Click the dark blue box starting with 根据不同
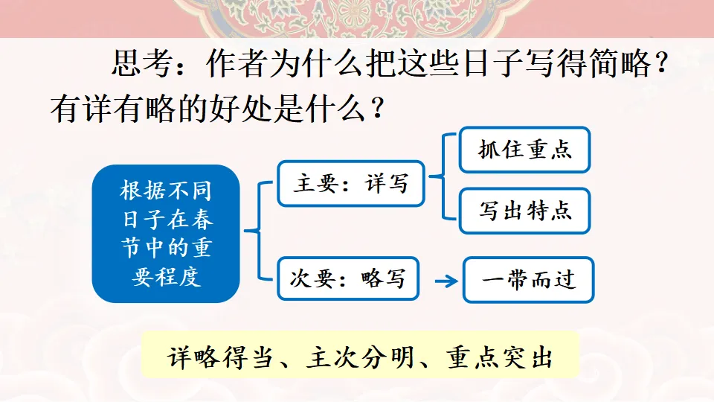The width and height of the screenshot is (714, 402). point(166,233)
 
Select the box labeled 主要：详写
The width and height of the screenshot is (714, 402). point(350,184)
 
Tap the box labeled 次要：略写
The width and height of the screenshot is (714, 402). point(348,278)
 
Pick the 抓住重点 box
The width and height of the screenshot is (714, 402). point(524,150)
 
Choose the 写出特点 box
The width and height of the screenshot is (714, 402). point(524,211)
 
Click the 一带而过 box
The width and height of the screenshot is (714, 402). point(528,280)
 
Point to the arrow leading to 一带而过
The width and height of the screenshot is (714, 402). point(446,281)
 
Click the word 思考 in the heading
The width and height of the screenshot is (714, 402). point(142,63)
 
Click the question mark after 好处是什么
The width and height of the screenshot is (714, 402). point(377,109)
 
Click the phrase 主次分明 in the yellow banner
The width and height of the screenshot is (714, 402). point(360,357)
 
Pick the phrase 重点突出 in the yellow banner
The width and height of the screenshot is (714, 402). point(500,357)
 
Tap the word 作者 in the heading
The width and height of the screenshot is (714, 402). point(237,63)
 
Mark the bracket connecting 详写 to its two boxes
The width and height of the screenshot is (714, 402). point(443,176)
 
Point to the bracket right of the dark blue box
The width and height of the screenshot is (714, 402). point(259,231)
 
